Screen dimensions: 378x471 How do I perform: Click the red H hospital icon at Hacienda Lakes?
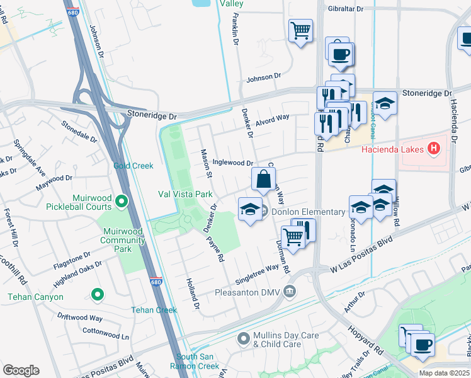[x=433, y=149]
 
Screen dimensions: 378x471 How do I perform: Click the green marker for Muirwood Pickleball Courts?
[x=122, y=202]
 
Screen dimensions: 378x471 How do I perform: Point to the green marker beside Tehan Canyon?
[x=97, y=294]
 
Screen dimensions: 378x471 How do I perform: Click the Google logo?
[x=21, y=370]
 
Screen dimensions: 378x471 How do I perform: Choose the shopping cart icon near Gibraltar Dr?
[x=300, y=30]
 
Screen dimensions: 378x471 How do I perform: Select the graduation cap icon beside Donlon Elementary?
[x=250, y=209]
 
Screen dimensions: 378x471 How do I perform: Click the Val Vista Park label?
[x=186, y=194]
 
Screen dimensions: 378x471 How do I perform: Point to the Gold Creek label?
[x=133, y=166]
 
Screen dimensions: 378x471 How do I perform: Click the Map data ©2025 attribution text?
[x=445, y=373]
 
